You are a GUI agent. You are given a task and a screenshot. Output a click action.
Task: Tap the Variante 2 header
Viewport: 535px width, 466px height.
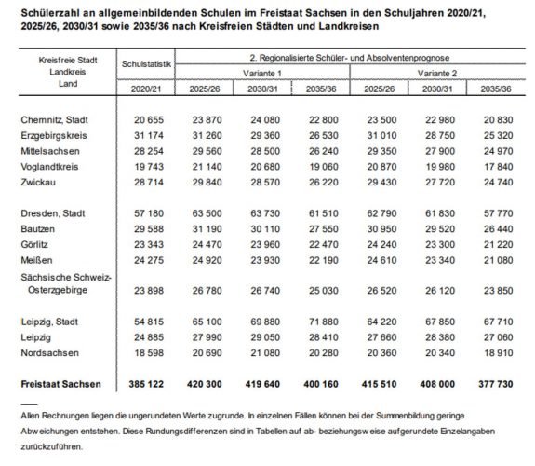click(x=442, y=71)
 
